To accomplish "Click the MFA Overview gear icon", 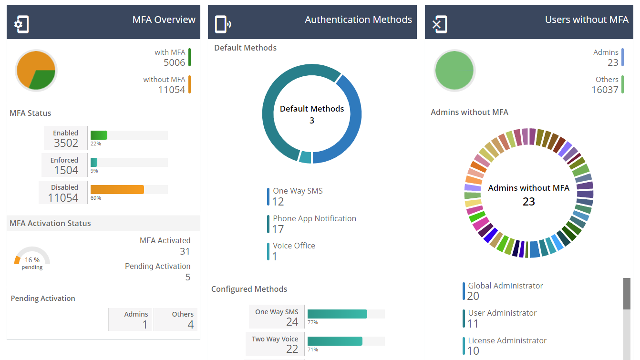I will tap(21, 24).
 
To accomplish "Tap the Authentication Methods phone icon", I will tap(222, 24).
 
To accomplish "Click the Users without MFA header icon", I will tap(439, 24).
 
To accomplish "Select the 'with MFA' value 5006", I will tap(174, 62).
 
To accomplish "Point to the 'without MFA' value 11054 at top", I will tap(171, 90).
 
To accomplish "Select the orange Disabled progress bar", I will tap(117, 189).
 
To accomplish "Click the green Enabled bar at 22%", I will tap(99, 135).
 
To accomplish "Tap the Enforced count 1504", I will tap(66, 170).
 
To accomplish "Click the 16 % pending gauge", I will tap(32, 260).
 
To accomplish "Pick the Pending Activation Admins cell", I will tap(131, 320).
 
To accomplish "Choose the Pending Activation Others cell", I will tap(176, 320).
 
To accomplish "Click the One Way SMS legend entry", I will tap(297, 196).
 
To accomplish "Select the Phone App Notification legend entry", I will tap(314, 224).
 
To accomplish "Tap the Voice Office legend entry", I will tap(293, 251).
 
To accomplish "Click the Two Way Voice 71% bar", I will tap(335, 341).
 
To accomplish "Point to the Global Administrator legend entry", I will tap(505, 291).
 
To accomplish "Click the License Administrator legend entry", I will tap(506, 346).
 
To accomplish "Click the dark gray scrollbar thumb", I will tap(627, 294).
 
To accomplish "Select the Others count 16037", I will tap(605, 90).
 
